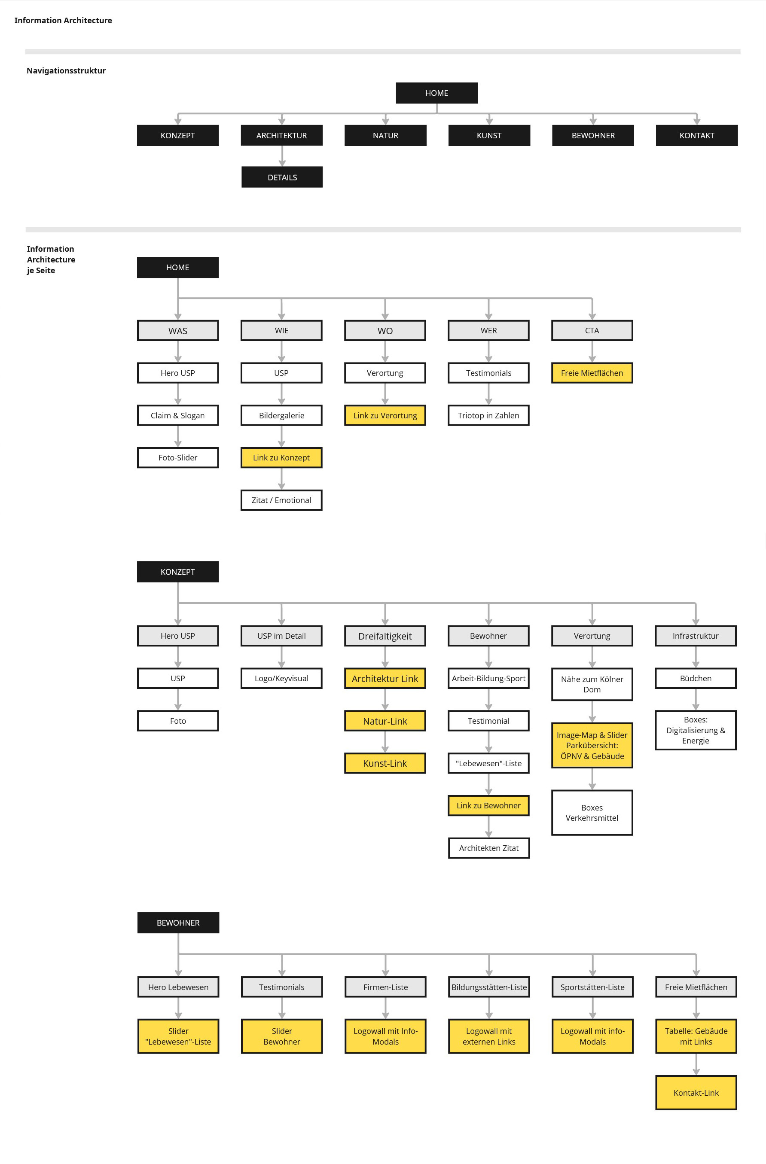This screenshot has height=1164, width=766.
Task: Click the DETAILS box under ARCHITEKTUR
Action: [282, 177]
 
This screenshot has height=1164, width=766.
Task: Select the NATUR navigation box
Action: [385, 135]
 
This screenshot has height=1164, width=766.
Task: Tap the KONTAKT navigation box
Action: [696, 135]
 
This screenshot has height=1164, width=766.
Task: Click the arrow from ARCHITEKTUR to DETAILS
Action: [282, 156]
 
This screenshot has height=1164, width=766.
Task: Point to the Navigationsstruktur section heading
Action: [66, 70]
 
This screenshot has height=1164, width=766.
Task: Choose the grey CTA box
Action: [592, 331]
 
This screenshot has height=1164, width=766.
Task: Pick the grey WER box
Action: [488, 331]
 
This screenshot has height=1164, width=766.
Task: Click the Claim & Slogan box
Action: [177, 415]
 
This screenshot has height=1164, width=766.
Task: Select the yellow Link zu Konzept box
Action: [281, 458]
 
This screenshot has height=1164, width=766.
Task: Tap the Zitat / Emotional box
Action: [281, 500]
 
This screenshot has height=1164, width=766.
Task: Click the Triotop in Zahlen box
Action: [488, 415]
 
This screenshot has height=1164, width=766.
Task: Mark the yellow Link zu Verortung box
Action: [385, 415]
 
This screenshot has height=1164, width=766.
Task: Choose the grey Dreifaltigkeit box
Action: [385, 636]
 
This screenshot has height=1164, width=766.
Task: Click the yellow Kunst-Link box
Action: [385, 763]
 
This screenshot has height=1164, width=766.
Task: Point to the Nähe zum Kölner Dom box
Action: [592, 684]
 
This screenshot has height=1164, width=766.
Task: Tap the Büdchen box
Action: [696, 678]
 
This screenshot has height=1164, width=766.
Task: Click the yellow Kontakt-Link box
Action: [696, 1093]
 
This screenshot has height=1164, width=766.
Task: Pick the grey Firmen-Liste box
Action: [385, 987]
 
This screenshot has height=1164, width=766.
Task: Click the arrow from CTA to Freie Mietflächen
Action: [592, 352]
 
